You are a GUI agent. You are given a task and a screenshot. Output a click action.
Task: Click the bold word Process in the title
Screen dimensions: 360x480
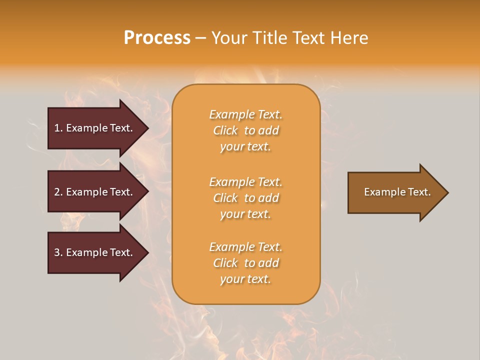(x=157, y=38)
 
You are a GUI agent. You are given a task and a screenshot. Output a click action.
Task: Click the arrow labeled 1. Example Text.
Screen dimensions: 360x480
(x=95, y=128)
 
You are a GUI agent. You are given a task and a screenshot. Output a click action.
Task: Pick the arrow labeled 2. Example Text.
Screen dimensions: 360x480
(x=95, y=192)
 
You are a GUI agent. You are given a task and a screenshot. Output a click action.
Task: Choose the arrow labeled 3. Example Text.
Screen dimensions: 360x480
(x=95, y=252)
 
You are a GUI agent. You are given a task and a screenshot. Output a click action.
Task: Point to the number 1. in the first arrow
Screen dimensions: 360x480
(x=58, y=128)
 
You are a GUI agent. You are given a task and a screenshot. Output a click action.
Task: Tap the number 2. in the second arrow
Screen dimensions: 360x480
(x=58, y=192)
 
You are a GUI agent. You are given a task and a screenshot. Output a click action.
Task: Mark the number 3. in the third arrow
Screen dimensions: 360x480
(x=58, y=252)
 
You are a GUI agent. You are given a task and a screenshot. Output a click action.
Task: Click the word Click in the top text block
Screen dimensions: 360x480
(x=225, y=130)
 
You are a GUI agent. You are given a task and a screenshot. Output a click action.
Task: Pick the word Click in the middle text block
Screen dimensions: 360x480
(x=225, y=198)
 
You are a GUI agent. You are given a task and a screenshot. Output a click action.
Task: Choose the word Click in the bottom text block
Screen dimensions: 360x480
(x=225, y=263)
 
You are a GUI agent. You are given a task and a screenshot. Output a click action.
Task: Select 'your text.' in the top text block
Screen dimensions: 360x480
(x=245, y=147)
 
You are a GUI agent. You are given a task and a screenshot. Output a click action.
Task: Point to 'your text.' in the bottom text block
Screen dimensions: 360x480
(x=245, y=279)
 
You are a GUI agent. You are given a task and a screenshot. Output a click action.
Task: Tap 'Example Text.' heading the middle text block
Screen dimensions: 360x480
(x=245, y=182)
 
